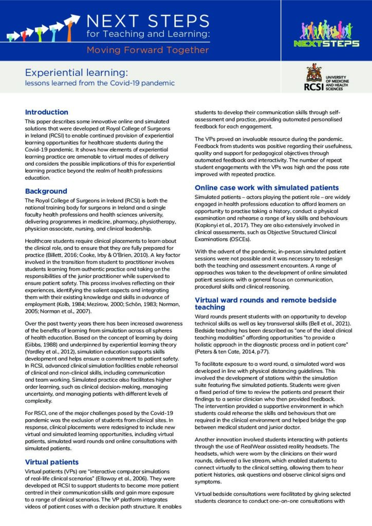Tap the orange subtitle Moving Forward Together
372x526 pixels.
(x=148, y=50)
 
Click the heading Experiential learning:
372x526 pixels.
(x=77, y=72)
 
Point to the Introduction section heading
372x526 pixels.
(x=47, y=112)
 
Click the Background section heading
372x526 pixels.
(x=46, y=191)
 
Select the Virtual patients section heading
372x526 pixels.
(x=52, y=462)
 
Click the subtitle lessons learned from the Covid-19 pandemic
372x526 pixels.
(x=100, y=83)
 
